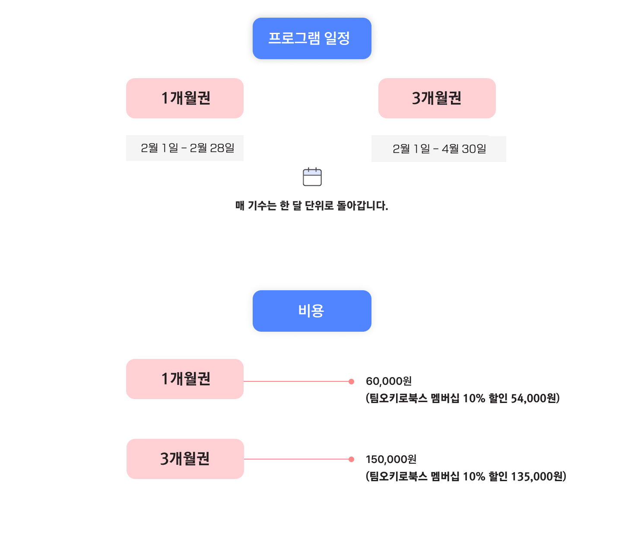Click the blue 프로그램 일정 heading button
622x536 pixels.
click(312, 38)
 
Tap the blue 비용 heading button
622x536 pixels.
click(312, 311)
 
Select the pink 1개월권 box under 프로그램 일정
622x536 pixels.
click(185, 98)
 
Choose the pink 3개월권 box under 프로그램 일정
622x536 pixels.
click(437, 98)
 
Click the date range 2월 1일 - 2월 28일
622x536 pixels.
click(187, 148)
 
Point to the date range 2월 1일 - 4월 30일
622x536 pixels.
click(439, 149)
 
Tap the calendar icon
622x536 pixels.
click(312, 177)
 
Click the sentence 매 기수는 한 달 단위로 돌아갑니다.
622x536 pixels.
click(311, 206)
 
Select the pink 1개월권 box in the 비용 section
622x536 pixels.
click(185, 379)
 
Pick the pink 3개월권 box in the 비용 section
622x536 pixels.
click(185, 459)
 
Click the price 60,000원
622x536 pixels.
click(389, 381)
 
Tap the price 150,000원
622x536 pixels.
click(391, 459)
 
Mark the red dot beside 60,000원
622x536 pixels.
click(351, 381)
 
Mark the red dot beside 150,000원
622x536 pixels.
click(351, 459)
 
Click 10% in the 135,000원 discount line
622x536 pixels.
click(474, 476)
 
